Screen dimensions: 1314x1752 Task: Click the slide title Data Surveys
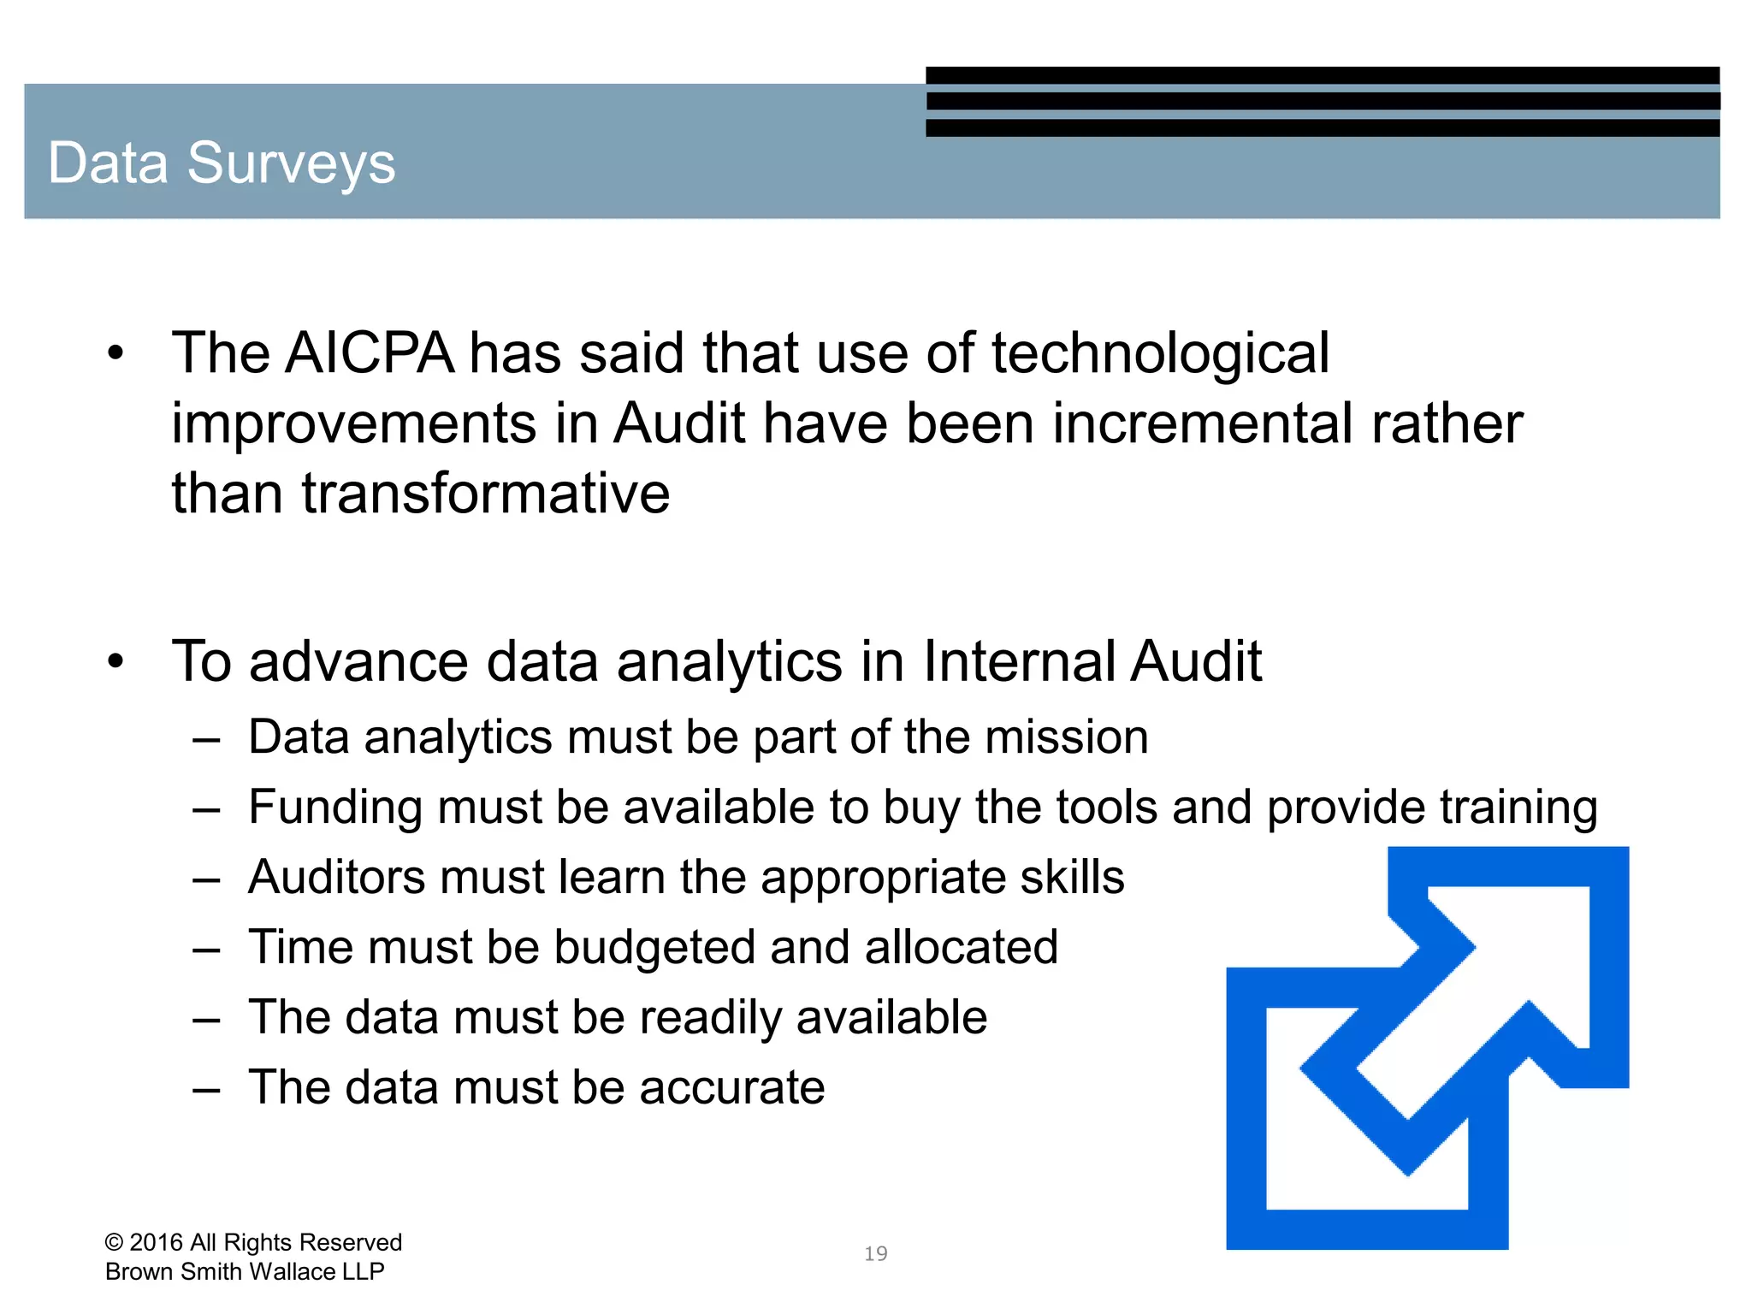(222, 163)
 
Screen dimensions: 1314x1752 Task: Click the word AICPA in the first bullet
(370, 352)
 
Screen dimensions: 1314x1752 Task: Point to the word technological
(1160, 354)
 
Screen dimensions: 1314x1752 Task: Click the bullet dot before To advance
(116, 661)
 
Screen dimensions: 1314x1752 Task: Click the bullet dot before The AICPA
(116, 352)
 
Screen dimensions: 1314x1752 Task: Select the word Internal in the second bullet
(1019, 661)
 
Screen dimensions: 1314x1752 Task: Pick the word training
(1518, 808)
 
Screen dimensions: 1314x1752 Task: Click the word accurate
(731, 1087)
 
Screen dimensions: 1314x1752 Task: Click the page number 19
(875, 1253)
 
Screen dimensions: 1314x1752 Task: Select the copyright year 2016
(157, 1242)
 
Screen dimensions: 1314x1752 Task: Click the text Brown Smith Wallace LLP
(245, 1271)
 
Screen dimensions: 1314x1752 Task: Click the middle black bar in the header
(1323, 101)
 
